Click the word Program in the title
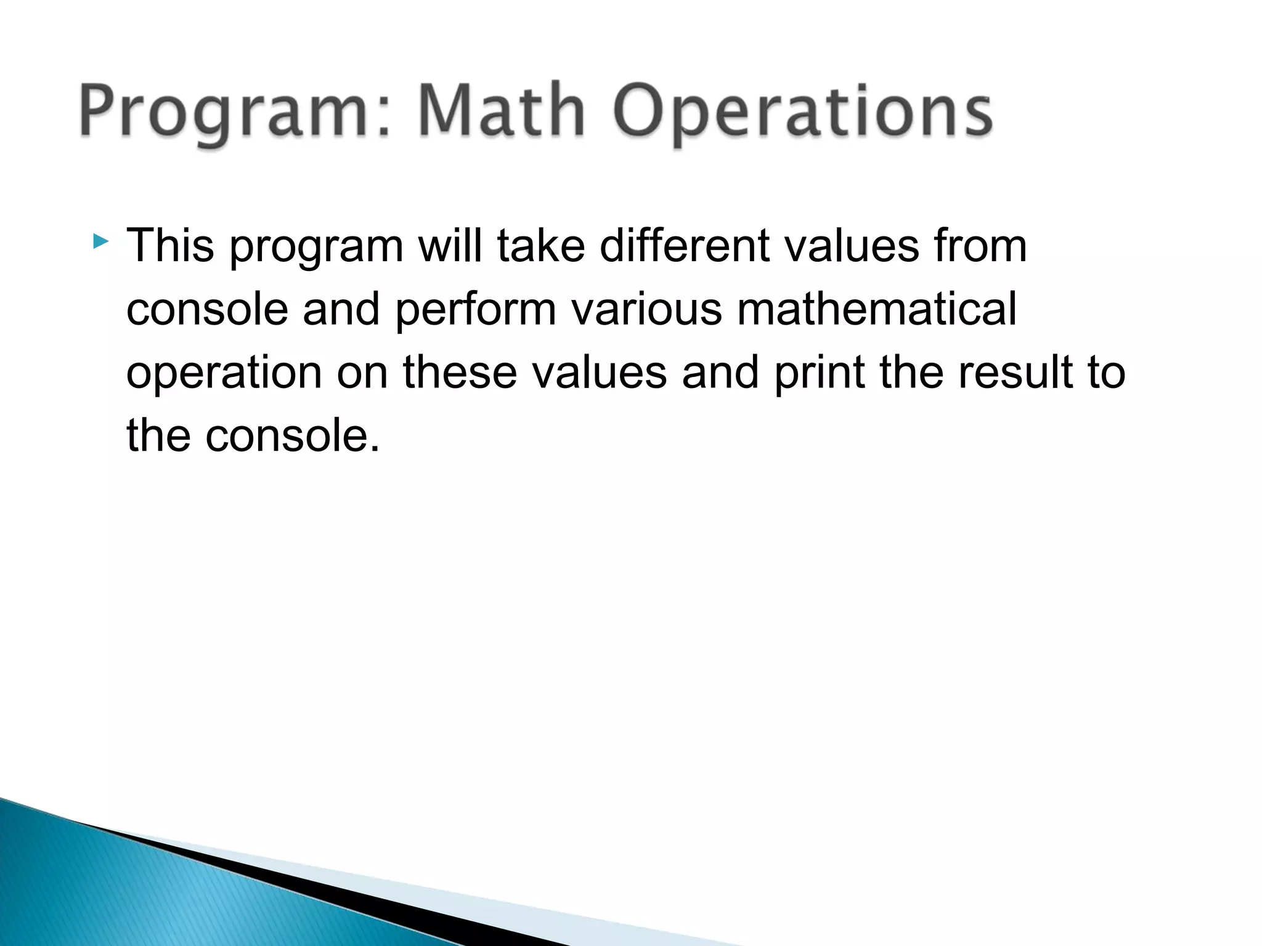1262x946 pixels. coord(234,112)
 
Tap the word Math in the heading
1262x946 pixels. coord(500,111)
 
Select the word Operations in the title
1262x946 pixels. coord(802,112)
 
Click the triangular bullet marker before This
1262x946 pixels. coord(100,241)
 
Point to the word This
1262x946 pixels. coord(170,246)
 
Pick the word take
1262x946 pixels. coord(541,246)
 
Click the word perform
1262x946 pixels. coord(475,310)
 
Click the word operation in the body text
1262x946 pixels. coord(224,373)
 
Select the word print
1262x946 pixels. coord(819,373)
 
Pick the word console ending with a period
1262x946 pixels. coord(292,436)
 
